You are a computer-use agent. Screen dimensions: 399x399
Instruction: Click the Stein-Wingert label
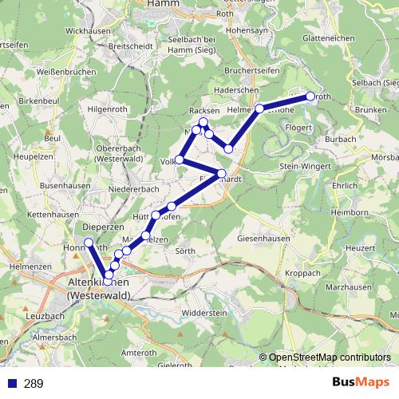coord(306,166)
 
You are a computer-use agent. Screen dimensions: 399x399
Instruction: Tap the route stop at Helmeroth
coord(259,108)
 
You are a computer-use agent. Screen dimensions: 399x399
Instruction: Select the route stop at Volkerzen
coord(180,160)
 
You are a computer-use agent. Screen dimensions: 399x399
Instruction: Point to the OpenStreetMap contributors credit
coord(330,358)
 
